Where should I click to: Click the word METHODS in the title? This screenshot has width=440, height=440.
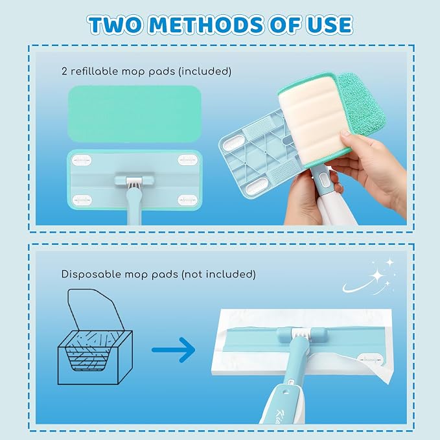pyautogui.click(x=207, y=25)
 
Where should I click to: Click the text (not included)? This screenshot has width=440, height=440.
pyautogui.click(x=218, y=274)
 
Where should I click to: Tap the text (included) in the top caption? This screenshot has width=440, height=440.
pyautogui.click(x=205, y=71)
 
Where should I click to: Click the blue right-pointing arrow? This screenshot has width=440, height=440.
pyautogui.click(x=174, y=350)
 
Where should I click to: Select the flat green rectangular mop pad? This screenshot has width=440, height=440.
pyautogui.click(x=135, y=113)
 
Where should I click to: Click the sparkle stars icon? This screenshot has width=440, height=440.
pyautogui.click(x=371, y=278)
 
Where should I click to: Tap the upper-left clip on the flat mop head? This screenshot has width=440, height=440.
pyautogui.click(x=82, y=160)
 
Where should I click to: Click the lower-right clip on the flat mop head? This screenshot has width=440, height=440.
pyautogui.click(x=188, y=200)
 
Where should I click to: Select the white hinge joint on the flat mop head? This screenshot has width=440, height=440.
pyautogui.click(x=134, y=181)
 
